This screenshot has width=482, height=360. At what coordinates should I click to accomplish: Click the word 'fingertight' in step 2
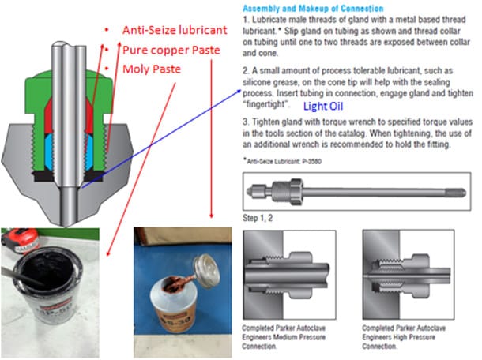click(x=265, y=104)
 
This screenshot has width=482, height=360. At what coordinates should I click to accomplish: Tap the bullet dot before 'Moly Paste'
click(x=105, y=69)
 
